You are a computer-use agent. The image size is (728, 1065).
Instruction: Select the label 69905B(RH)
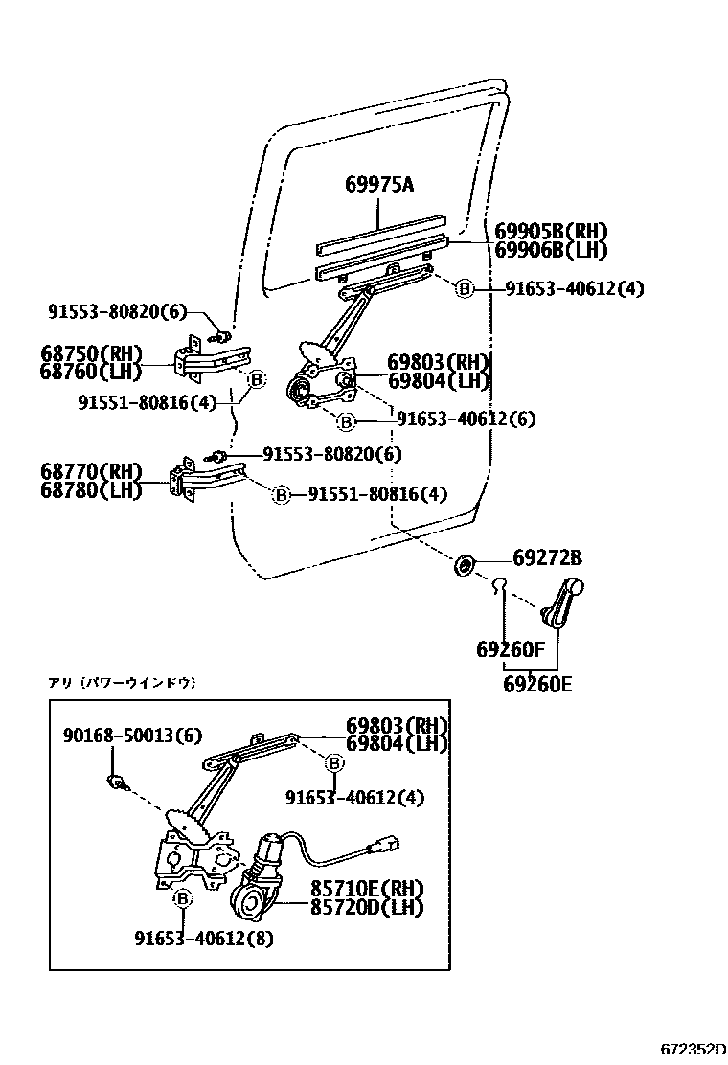(551, 232)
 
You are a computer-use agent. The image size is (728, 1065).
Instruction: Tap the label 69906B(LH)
(551, 250)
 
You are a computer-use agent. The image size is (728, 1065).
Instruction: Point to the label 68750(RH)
(91, 351)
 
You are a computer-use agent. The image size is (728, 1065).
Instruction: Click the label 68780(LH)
(91, 489)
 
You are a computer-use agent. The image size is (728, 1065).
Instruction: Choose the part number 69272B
(548, 558)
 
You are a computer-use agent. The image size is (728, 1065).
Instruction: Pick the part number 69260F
(510, 650)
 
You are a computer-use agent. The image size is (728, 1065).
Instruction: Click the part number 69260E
(536, 684)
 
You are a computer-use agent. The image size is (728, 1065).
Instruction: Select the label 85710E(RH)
(366, 888)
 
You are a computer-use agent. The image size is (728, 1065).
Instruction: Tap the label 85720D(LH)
(366, 905)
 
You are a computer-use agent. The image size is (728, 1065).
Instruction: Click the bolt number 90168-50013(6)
(133, 735)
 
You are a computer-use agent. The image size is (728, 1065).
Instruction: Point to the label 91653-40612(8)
(203, 938)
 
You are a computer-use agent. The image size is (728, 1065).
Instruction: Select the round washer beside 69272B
(463, 565)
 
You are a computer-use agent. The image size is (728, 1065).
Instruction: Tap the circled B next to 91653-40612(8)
(182, 898)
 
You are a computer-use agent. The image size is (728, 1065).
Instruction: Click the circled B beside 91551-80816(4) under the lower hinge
(281, 494)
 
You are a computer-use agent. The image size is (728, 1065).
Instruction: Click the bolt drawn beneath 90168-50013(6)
(119, 780)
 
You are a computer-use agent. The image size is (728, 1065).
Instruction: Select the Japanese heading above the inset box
(122, 683)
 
